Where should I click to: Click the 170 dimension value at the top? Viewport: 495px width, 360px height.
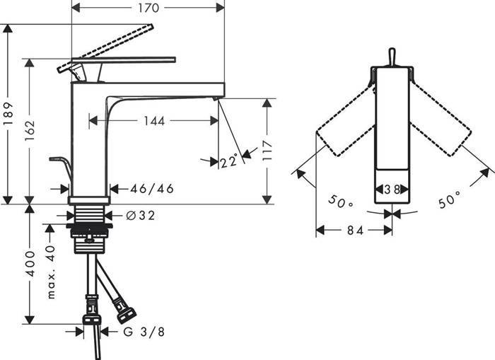click(x=148, y=8)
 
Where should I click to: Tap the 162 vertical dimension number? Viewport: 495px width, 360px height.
click(x=30, y=130)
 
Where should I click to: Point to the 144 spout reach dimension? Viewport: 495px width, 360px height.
click(x=154, y=121)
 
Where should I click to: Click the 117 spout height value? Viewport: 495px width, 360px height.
click(x=267, y=151)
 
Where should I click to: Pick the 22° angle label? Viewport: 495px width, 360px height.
click(x=229, y=161)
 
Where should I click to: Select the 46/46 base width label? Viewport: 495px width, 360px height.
click(x=152, y=189)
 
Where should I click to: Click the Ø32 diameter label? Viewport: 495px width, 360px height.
click(x=141, y=216)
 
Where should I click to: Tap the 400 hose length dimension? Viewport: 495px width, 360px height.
click(x=30, y=264)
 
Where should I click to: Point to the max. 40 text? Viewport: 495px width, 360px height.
click(x=51, y=272)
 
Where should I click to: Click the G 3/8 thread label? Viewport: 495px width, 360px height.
click(x=144, y=332)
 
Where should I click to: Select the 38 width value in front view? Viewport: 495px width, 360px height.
click(x=392, y=190)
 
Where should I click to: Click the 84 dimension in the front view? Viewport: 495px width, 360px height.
click(x=355, y=231)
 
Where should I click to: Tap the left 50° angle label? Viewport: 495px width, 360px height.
click(x=341, y=202)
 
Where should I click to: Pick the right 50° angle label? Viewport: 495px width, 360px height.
click(x=450, y=199)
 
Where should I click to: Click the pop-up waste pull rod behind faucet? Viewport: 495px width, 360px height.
click(x=62, y=168)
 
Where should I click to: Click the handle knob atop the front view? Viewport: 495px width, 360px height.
click(x=392, y=57)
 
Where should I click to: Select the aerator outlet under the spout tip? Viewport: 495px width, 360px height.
click(x=216, y=99)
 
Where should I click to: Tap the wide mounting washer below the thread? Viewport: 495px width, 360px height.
click(x=89, y=226)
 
